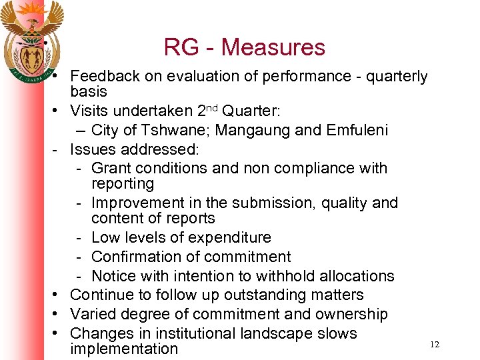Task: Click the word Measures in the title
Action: click(273, 47)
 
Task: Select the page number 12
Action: click(435, 344)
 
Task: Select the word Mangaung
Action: click(255, 130)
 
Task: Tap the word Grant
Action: click(112, 168)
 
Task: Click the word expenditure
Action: click(230, 238)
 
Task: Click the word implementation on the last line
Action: click(124, 349)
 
